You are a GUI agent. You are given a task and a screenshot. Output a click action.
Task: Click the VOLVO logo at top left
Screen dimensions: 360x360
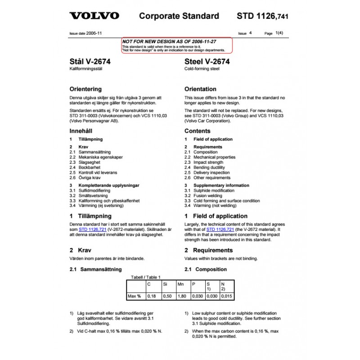[94, 16]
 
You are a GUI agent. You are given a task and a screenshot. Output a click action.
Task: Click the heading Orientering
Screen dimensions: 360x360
[85, 89]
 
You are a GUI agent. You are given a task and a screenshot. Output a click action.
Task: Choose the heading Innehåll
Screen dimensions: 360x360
[81, 131]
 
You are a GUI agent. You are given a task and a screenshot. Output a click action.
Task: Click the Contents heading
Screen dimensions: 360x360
[197, 131]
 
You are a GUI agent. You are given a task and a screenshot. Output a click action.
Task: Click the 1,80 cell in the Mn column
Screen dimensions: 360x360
[183, 297]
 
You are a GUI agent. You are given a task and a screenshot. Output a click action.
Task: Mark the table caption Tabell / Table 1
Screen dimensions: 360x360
[145, 277]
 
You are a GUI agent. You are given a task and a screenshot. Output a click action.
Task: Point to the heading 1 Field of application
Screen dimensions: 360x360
[216, 216]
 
